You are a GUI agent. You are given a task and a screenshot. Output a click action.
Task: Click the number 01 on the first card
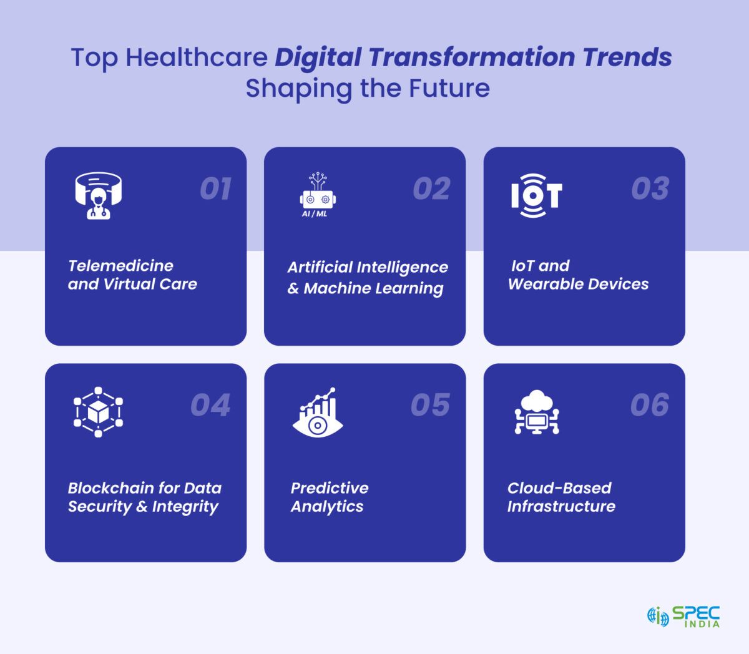click(x=216, y=188)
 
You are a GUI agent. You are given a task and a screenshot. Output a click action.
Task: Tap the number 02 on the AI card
click(x=431, y=188)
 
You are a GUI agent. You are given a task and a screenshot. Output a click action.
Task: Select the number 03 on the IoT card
click(x=650, y=188)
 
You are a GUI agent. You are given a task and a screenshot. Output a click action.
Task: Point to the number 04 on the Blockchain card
click(x=210, y=405)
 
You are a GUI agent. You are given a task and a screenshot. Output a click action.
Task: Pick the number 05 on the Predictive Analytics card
click(x=430, y=405)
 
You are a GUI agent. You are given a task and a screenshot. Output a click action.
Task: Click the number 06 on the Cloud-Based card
click(x=650, y=405)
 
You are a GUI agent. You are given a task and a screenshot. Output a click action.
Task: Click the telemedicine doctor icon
click(x=99, y=195)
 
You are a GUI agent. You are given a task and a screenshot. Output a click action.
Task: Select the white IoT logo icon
click(x=536, y=195)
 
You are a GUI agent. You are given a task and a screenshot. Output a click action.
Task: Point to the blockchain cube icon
click(x=98, y=412)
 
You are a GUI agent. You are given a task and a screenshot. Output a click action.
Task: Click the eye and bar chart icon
click(x=318, y=412)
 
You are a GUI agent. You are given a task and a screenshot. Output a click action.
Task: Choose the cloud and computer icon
click(x=537, y=412)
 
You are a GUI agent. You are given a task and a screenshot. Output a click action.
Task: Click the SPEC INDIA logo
click(x=683, y=617)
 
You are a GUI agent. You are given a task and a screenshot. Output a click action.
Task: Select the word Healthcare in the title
click(x=197, y=57)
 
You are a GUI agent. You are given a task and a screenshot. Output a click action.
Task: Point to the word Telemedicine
click(x=121, y=266)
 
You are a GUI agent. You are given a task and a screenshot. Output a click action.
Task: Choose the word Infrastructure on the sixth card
click(x=561, y=507)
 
